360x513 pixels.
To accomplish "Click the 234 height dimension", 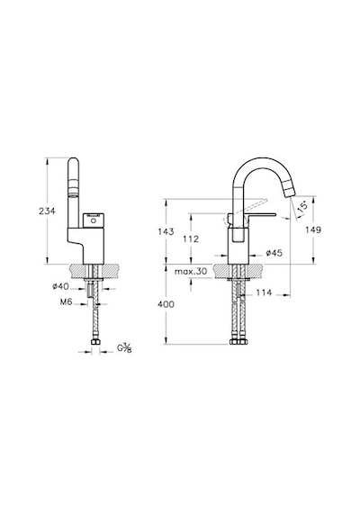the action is pos(47,211).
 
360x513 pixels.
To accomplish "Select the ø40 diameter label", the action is pos(61,286).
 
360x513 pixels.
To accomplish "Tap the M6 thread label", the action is pos(66,302).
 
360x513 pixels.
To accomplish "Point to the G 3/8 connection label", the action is pos(125,348).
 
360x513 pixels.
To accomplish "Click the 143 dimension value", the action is pos(166,231).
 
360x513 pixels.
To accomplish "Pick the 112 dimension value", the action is pos(191,239).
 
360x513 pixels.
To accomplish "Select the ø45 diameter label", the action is pos(274,253).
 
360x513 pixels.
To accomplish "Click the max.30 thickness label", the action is pos(191,271).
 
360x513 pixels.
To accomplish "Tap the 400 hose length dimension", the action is pos(166,304).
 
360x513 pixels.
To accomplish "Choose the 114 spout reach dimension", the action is pos(264,292).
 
